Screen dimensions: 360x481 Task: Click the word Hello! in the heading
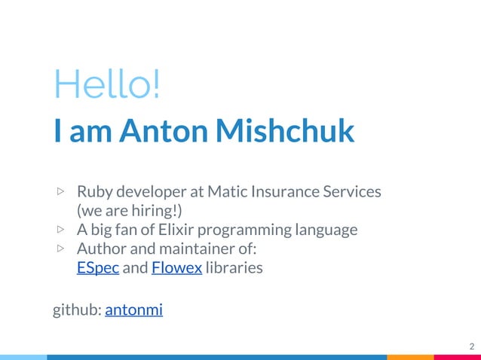[x=106, y=84]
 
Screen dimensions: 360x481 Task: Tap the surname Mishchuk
[x=284, y=130]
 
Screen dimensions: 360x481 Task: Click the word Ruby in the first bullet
[x=93, y=192]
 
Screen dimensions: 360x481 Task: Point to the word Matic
[x=228, y=191]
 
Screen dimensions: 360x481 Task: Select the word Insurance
[x=289, y=191]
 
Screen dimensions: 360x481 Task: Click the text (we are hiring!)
[x=129, y=209]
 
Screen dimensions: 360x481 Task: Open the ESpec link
[x=98, y=267]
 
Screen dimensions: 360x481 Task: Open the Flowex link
[x=176, y=267]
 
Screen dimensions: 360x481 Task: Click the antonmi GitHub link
[x=133, y=309]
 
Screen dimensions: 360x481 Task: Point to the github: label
[x=76, y=310]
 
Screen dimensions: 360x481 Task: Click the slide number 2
[x=471, y=346]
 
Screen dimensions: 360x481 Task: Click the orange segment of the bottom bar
[x=410, y=357]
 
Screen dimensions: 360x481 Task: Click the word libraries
[x=234, y=267]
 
